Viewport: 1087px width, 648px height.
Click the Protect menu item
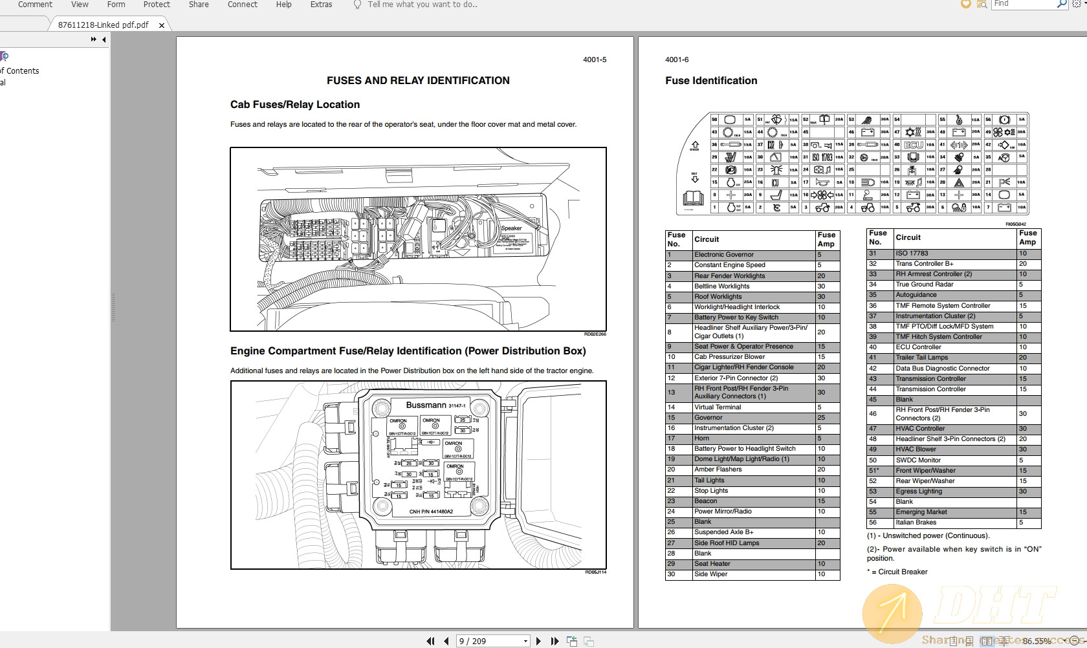pyautogui.click(x=157, y=5)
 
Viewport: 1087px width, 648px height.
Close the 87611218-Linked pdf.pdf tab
pyautogui.click(x=162, y=25)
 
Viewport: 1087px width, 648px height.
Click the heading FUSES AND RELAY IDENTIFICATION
pyautogui.click(x=418, y=81)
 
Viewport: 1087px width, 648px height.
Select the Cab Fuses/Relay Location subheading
pyautogui.click(x=295, y=105)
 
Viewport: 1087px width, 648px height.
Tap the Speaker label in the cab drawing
pyautogui.click(x=511, y=228)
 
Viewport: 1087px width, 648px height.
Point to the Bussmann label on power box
pyautogui.click(x=426, y=405)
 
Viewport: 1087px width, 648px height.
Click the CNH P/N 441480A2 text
pyautogui.click(x=431, y=512)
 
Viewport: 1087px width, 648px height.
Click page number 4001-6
pyautogui.click(x=677, y=59)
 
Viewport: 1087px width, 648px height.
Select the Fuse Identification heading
pyautogui.click(x=711, y=81)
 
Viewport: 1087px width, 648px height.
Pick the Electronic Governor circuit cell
pyautogui.click(x=724, y=255)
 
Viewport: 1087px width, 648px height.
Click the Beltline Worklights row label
pyautogui.click(x=721, y=286)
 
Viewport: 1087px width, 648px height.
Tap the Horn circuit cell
pyautogui.click(x=702, y=438)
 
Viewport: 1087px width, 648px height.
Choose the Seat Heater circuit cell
pyautogui.click(x=712, y=564)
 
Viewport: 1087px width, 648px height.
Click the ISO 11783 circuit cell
pyautogui.click(x=912, y=254)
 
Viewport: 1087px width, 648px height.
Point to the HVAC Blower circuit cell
pyautogui.click(x=916, y=449)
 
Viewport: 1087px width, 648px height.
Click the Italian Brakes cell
pyautogui.click(x=916, y=523)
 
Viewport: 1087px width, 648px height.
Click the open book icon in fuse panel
pyautogui.click(x=693, y=198)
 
